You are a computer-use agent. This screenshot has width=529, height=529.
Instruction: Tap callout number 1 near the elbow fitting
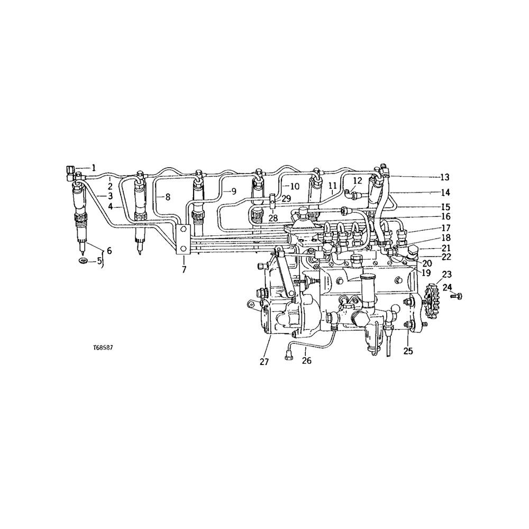coord(94,168)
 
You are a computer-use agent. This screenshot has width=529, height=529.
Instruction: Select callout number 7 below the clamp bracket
coord(184,270)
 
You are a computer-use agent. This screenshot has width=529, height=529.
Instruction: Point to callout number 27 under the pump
coord(264,362)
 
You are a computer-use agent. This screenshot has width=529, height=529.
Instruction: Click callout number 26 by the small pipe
coord(307,361)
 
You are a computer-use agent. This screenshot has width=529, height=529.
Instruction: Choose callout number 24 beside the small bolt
coord(447,288)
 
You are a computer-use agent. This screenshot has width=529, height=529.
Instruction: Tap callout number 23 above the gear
coord(447,275)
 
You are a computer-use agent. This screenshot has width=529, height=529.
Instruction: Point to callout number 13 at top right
coord(444,177)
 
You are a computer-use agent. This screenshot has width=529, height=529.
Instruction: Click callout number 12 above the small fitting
coord(358,181)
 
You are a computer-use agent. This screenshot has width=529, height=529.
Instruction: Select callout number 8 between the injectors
coord(167,197)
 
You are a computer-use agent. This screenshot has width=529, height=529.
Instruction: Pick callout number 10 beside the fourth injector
coord(295,186)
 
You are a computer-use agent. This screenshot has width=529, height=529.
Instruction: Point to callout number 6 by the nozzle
coord(109,250)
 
